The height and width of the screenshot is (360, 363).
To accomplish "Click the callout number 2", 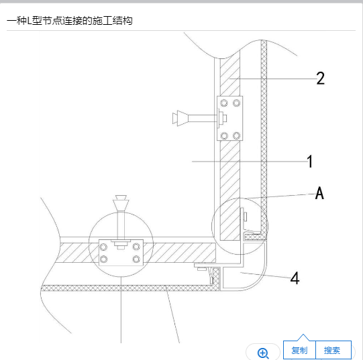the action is (x=321, y=78).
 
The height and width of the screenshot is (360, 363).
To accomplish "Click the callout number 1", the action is (x=310, y=162).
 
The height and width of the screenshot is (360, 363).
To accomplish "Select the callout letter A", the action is (x=319, y=193).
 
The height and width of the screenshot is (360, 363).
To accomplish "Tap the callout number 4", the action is (x=295, y=278).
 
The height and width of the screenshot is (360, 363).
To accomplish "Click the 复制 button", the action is (x=299, y=351).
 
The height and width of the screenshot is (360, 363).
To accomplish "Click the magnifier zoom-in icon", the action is (x=263, y=353).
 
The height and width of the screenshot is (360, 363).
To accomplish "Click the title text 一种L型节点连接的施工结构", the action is (x=70, y=21).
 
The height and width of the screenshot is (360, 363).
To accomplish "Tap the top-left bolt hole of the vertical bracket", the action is (x=224, y=103).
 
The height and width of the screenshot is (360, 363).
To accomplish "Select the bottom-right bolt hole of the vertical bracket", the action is (x=236, y=135).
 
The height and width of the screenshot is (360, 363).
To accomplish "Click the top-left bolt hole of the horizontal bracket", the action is (x=103, y=247).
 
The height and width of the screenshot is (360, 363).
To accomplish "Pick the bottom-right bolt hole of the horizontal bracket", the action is (x=136, y=259).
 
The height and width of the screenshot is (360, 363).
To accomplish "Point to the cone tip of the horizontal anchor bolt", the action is (x=178, y=118).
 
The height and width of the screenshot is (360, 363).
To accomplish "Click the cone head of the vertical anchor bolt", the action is (x=121, y=202).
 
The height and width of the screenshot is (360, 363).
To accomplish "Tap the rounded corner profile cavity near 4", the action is (x=243, y=278).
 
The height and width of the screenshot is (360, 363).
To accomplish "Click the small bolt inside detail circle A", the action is (x=245, y=217).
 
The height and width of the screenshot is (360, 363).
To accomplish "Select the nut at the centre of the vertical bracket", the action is (x=224, y=118).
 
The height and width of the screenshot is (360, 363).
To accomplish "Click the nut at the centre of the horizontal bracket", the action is (x=121, y=244).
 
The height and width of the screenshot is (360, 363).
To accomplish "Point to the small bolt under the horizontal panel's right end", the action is (x=201, y=268).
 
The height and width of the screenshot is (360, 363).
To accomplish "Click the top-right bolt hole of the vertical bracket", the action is (x=236, y=103).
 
